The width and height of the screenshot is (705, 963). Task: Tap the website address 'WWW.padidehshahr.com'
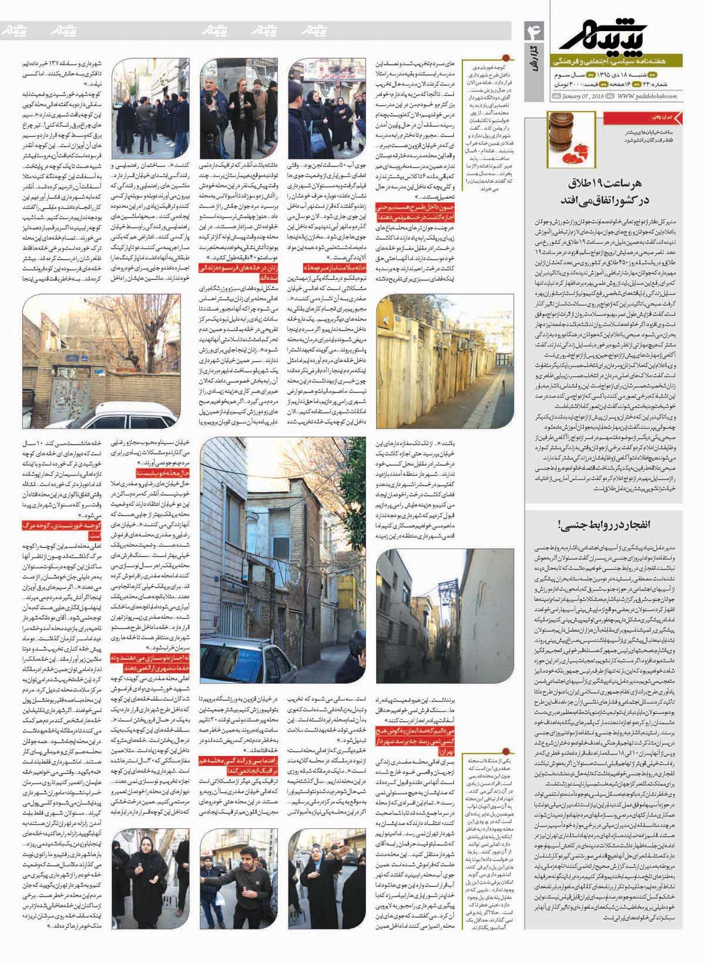coord(646,96)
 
